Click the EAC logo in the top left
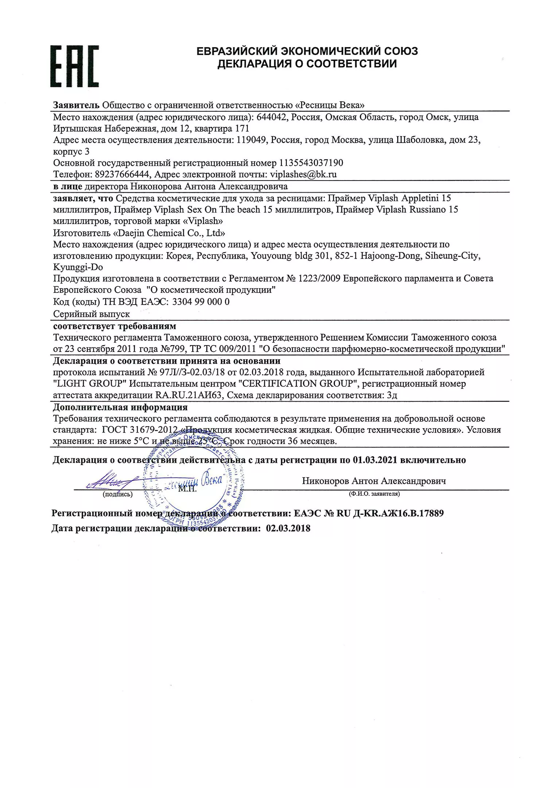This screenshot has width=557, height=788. click(74, 66)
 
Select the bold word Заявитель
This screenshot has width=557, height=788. click(76, 105)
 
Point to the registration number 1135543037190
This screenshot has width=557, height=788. click(311, 163)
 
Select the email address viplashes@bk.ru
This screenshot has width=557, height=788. click(303, 174)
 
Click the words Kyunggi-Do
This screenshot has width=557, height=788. click(78, 267)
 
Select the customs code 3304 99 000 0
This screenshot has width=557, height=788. click(201, 302)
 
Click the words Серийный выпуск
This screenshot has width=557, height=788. click(92, 314)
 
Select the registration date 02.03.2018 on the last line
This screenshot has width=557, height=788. click(288, 528)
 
